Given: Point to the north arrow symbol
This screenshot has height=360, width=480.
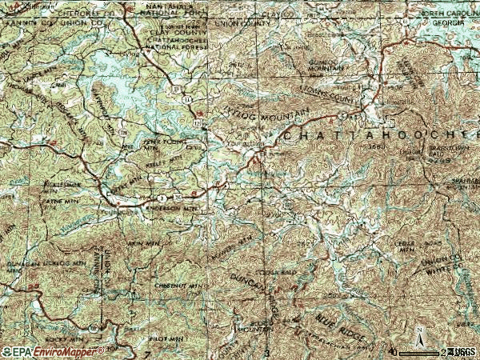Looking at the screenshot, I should [x=417, y=335].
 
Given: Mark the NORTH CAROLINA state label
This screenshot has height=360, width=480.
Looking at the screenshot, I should [x=445, y=14].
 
